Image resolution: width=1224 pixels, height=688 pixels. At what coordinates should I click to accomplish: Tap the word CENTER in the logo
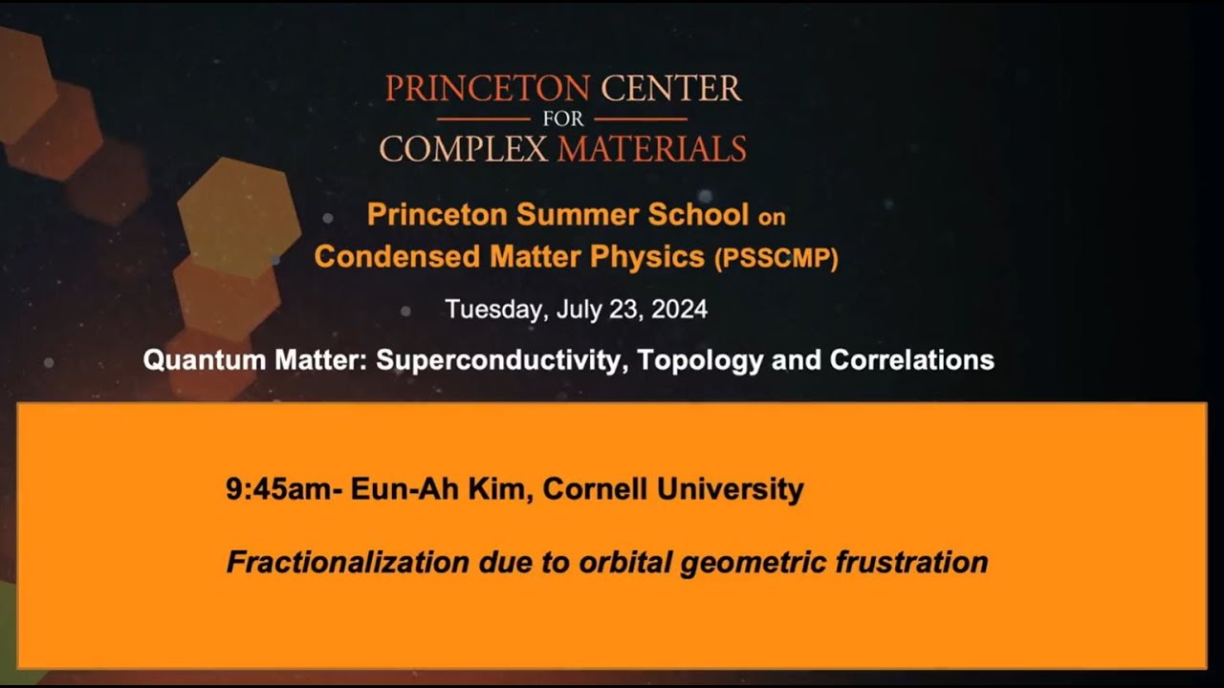click(x=670, y=89)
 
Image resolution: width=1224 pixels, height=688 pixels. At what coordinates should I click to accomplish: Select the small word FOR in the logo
click(x=562, y=120)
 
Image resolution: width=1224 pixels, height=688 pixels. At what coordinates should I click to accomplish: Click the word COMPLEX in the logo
click(x=464, y=149)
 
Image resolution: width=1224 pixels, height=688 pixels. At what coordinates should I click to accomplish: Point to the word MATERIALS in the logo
click(x=651, y=149)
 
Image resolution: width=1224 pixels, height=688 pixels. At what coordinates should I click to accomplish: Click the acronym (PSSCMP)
click(x=776, y=258)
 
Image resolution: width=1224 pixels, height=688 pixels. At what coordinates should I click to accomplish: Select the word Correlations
click(x=912, y=360)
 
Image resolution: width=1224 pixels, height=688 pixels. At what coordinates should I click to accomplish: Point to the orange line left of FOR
click(x=483, y=119)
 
